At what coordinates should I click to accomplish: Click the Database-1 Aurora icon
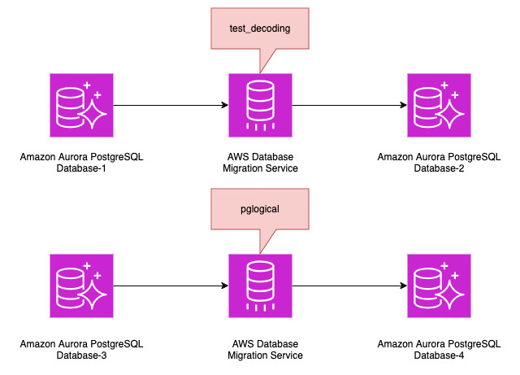[x=81, y=105]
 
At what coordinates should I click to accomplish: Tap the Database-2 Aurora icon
[x=439, y=105]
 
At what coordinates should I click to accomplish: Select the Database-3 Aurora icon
[x=81, y=286]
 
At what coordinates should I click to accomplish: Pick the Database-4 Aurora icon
[x=439, y=286]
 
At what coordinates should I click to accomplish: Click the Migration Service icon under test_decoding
[x=260, y=105]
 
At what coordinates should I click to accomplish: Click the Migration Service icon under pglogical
[x=260, y=286]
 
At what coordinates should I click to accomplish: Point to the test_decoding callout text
[x=260, y=28]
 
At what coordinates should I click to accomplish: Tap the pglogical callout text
[x=260, y=209]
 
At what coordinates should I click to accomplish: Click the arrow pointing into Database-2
[x=349, y=105]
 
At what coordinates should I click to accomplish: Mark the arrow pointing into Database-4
[x=349, y=286]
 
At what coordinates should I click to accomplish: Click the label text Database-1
[x=81, y=168]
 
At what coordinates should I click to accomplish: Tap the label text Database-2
[x=439, y=168]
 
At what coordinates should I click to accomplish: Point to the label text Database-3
[x=81, y=355]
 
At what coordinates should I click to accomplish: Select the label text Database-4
[x=439, y=355]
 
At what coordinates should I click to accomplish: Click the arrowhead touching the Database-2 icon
[x=402, y=105]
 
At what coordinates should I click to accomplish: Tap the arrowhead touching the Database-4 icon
[x=402, y=286]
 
